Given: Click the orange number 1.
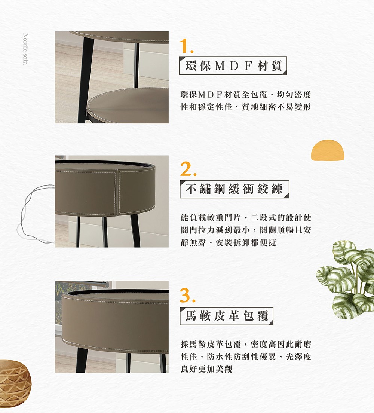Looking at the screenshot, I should coord(186,46).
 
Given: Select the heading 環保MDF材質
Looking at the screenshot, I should coord(233,66).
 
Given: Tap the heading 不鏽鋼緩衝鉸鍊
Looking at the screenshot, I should coord(234,190).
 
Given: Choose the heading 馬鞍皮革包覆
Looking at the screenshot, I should coord(227,316).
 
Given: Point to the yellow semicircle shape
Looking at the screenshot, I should coord(327,150).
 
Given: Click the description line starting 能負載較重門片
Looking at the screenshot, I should coord(245,218).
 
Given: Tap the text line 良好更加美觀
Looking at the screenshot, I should coord(206,369).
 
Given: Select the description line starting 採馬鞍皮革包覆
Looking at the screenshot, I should coord(245,344).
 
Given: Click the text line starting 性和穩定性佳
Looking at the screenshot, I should coord(245,107).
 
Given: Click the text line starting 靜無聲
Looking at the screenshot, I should coord(228,242).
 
